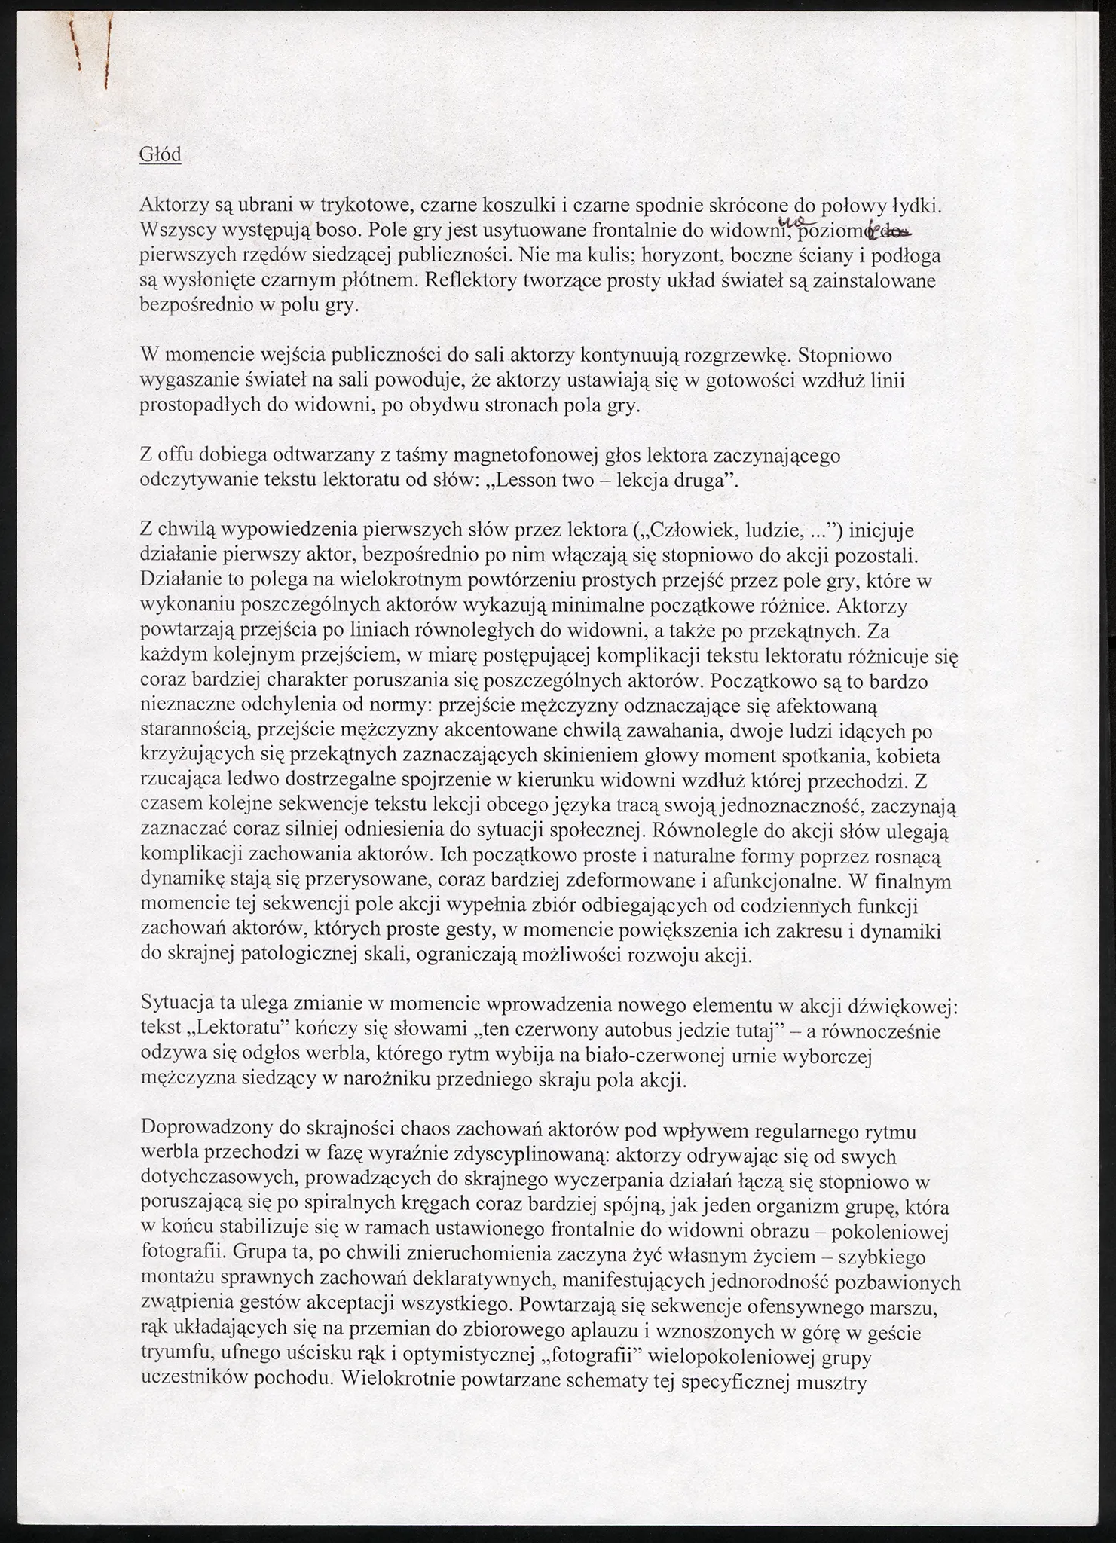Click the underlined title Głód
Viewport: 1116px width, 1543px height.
160,154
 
